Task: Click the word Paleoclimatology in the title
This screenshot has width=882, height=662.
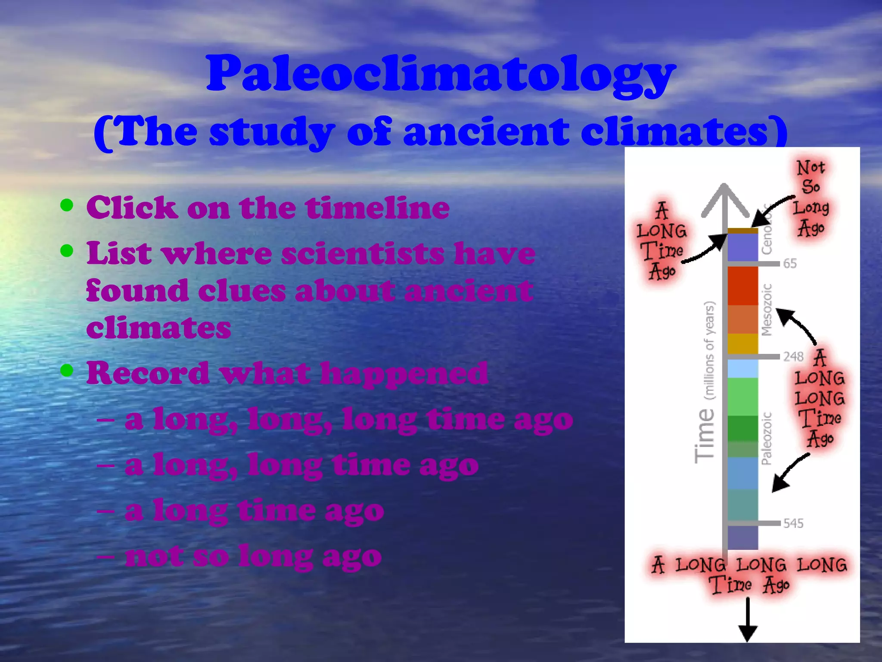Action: pos(440,74)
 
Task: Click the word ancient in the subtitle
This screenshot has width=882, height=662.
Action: pos(485,132)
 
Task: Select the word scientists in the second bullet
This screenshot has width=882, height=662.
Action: pos(363,254)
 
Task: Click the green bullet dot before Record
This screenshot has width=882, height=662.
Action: pos(67,370)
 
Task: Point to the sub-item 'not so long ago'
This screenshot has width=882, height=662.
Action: pos(253,556)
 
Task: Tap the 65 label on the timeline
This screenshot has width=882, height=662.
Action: pos(790,263)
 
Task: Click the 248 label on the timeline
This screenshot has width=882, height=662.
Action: pos(793,356)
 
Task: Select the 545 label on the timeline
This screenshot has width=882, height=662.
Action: pos(793,523)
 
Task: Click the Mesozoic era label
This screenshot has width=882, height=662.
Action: pos(767,309)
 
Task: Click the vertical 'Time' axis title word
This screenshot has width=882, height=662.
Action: pos(705,435)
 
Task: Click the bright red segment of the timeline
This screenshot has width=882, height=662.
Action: pos(742,285)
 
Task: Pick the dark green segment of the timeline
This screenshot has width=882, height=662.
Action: pos(742,428)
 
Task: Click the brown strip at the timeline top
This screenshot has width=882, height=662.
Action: pos(742,231)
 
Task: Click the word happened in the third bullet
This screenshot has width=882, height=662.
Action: pos(404,373)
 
